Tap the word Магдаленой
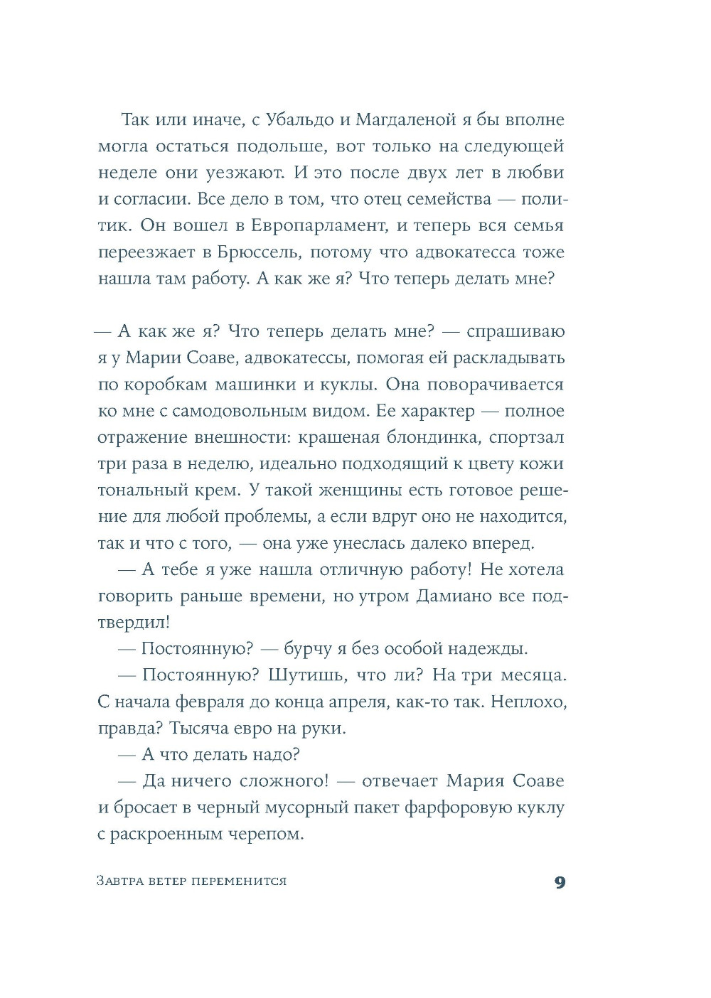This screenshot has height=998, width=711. pyautogui.click(x=412, y=120)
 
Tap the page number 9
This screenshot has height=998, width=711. pyautogui.click(x=560, y=882)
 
